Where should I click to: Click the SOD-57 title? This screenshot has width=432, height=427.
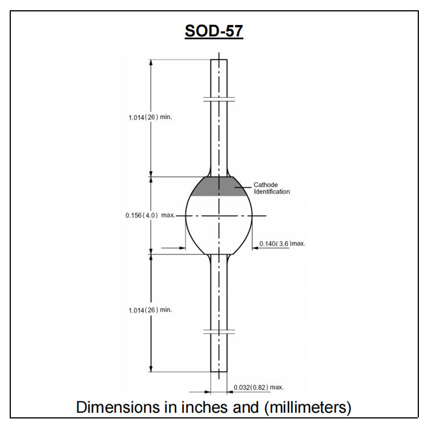point(214,32)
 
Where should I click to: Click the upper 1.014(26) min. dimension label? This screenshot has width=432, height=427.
point(150,117)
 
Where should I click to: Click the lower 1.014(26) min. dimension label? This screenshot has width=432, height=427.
point(150,310)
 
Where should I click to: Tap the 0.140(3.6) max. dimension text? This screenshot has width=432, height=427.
point(283,244)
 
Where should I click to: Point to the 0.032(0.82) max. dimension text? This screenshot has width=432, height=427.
point(259,388)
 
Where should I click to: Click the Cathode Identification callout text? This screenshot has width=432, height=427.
point(272,188)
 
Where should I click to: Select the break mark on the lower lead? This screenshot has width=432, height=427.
point(219,331)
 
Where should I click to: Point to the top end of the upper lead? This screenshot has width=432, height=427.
point(219,60)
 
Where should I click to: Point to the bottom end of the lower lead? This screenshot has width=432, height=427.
point(219,371)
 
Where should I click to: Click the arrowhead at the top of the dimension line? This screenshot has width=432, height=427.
point(151,63)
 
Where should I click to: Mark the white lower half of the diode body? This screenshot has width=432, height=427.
point(219,233)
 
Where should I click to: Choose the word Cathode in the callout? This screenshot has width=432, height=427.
point(266,185)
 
